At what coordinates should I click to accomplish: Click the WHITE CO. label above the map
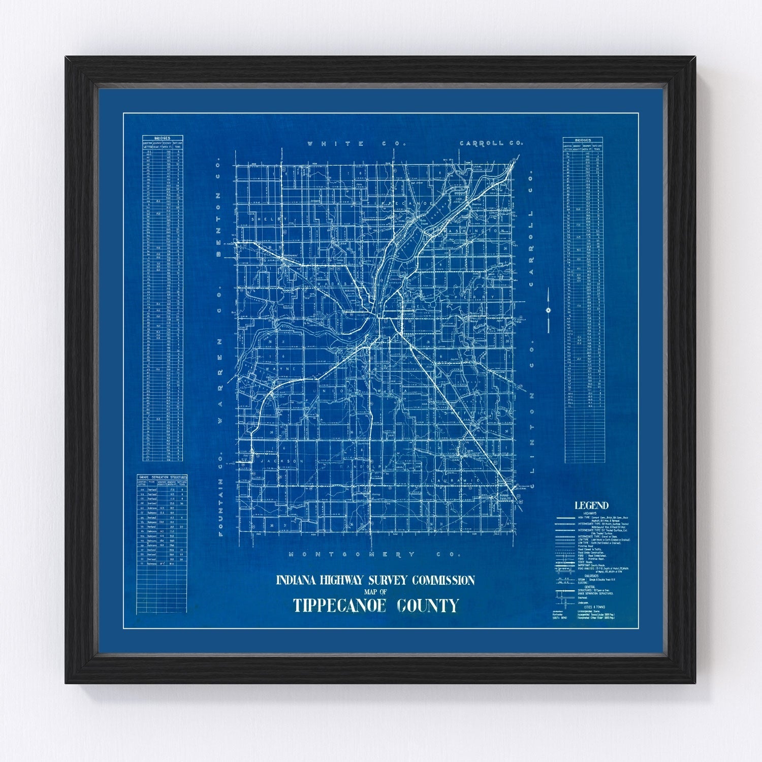click(358, 144)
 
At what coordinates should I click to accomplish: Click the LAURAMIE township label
click(455, 480)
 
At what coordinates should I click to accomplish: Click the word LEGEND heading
click(591, 505)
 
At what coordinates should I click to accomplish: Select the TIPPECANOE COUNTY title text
click(375, 606)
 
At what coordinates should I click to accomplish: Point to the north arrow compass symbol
click(549, 310)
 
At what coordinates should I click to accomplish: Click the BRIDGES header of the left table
click(163, 138)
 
